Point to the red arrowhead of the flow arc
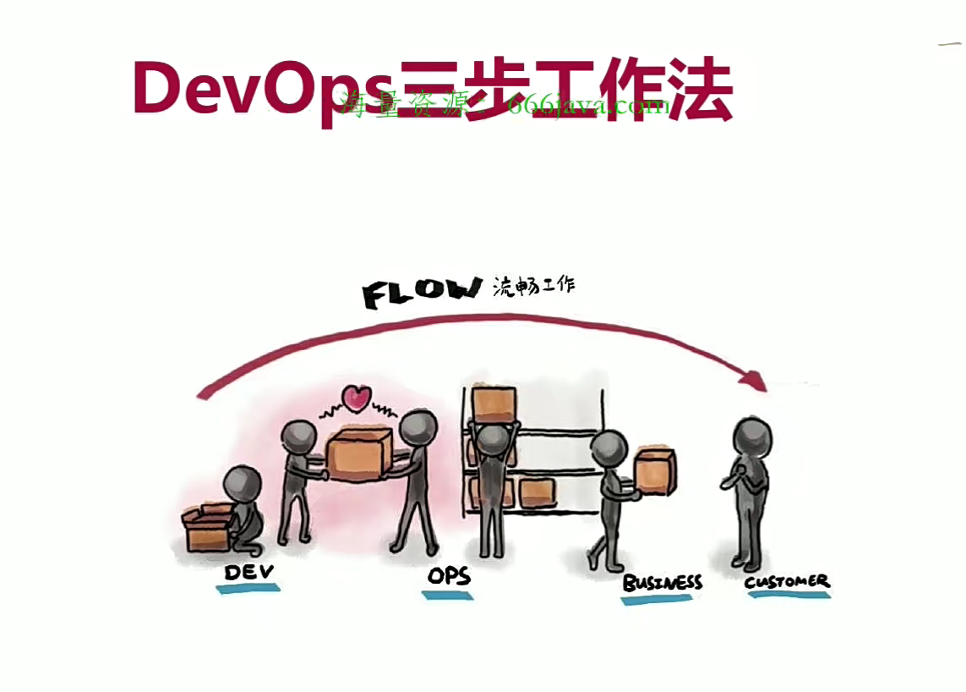click(x=754, y=381)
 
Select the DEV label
click(x=248, y=572)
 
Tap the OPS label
click(x=448, y=577)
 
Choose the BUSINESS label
click(x=662, y=582)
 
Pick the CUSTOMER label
click(x=787, y=581)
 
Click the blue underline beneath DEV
click(x=248, y=588)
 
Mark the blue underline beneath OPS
click(x=448, y=595)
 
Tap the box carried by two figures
click(x=359, y=453)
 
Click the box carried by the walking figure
click(x=655, y=472)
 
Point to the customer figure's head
click(x=751, y=437)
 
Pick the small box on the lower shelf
click(x=536, y=490)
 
